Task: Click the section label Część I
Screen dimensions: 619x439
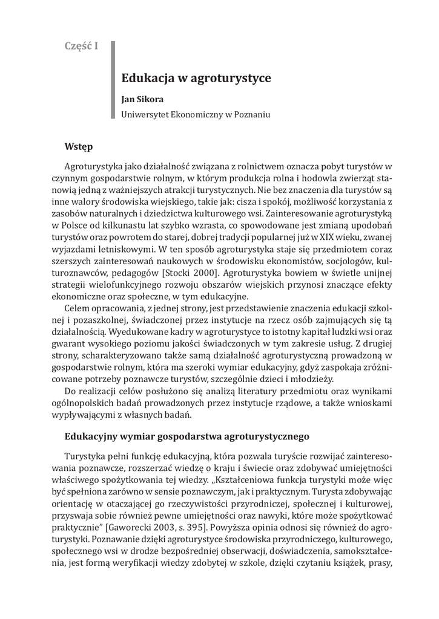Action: pos(81,46)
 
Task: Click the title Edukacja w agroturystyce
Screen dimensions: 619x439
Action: pos(188,78)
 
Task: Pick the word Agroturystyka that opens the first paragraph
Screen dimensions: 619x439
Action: pos(93,167)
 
